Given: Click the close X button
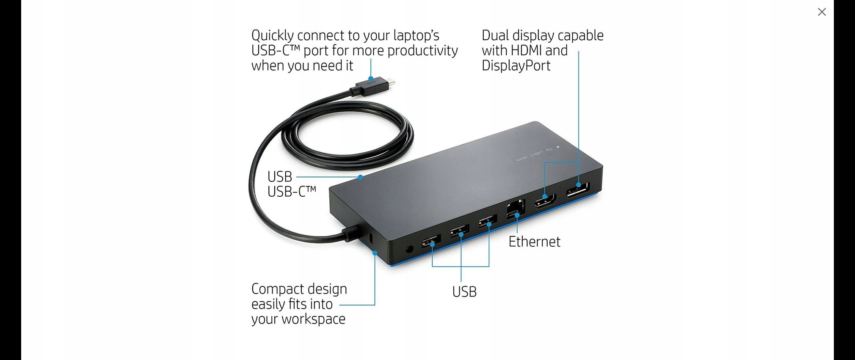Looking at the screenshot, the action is (822, 12).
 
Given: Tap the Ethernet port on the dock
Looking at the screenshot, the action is (516, 208).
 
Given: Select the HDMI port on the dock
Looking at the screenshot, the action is (545, 201).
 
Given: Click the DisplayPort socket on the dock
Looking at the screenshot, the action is (578, 190).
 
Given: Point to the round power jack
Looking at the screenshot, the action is (409, 249).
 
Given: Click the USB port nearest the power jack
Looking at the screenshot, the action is (431, 242).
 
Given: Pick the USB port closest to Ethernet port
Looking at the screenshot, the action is (488, 220).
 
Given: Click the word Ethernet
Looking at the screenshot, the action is (534, 242).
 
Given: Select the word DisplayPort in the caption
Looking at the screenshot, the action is (516, 66).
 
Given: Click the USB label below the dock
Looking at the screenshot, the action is (464, 291).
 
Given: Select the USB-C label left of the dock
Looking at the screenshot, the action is (292, 192).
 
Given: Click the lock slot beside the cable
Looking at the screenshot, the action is (371, 238).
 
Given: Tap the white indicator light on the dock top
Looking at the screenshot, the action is (558, 147).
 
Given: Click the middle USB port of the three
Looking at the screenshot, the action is (460, 231).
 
